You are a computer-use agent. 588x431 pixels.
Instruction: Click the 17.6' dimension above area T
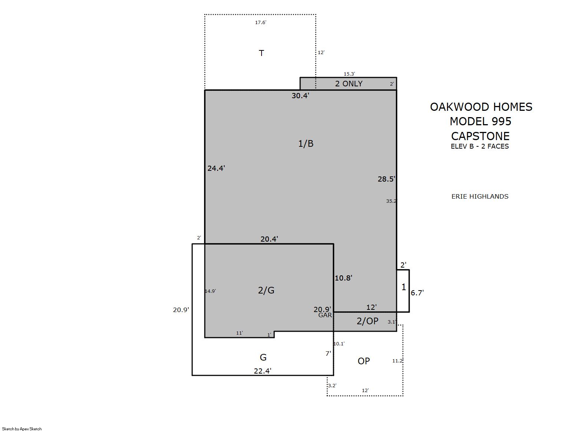tap(261, 23)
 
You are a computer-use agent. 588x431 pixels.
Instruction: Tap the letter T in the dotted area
tap(262, 53)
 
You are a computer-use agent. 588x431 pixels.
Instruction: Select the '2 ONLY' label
tap(349, 84)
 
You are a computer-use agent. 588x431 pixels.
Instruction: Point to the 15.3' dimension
tap(349, 74)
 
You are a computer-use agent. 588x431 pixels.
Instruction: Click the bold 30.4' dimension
tap(300, 96)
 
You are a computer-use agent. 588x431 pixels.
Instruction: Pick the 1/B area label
tap(306, 144)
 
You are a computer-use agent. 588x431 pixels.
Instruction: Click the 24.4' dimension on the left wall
tap(216, 168)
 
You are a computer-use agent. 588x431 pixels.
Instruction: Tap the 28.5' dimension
tap(387, 179)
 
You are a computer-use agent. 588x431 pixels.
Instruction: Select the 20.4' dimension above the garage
tap(269, 239)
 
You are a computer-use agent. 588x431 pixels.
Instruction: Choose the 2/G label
tap(266, 290)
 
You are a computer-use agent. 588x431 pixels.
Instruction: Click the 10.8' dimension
tap(344, 278)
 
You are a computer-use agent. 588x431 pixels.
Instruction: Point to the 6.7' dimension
tap(417, 293)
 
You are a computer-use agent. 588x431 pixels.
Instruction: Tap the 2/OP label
tap(368, 321)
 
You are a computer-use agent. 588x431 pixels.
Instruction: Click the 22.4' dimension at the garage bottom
tap(263, 371)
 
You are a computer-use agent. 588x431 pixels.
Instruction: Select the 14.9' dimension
tap(210, 291)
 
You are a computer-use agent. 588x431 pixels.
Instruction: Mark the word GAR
tap(325, 315)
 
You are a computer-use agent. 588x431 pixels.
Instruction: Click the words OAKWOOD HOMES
tap(481, 107)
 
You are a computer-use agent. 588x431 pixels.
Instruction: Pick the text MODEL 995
tap(481, 122)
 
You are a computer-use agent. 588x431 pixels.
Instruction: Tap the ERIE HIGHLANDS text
tap(480, 196)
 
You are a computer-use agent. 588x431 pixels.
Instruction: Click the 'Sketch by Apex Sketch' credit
tap(22, 429)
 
